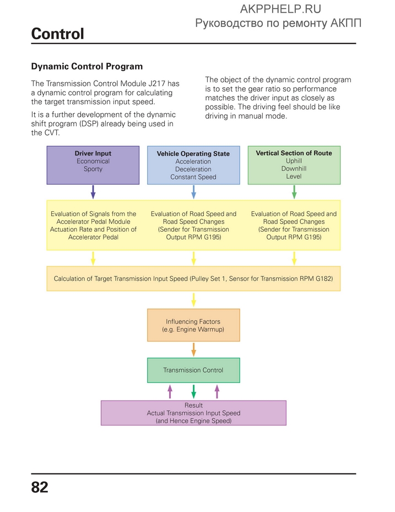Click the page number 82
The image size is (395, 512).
pyautogui.click(x=40, y=487)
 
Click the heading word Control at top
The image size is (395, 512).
pyautogui.click(x=57, y=34)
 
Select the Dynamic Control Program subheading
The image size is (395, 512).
pyautogui.click(x=86, y=66)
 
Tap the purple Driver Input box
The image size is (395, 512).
pyautogui.click(x=93, y=165)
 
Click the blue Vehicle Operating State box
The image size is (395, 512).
pyautogui.click(x=193, y=165)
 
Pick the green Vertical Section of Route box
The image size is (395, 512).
pyautogui.click(x=294, y=165)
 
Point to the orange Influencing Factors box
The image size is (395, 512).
pyautogui.click(x=193, y=325)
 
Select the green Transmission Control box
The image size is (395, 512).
pyautogui.click(x=193, y=370)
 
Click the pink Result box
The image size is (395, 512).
pyautogui.click(x=193, y=413)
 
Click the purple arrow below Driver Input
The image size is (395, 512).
pyautogui.click(x=93, y=192)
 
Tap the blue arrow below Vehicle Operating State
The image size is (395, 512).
pyautogui.click(x=193, y=192)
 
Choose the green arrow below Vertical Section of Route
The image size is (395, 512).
pyautogui.click(x=294, y=192)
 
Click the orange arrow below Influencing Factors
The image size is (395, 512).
pyautogui.click(x=193, y=349)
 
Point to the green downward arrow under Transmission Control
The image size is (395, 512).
pyautogui.click(x=193, y=391)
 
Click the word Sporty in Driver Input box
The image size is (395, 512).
pyautogui.click(x=93, y=169)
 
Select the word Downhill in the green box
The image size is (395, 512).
pyautogui.click(x=294, y=168)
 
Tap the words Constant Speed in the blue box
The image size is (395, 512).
pyautogui.click(x=193, y=177)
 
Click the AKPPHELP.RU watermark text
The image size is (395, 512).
pyautogui.click(x=280, y=9)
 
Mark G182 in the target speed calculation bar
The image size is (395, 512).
pyautogui.click(x=324, y=279)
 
